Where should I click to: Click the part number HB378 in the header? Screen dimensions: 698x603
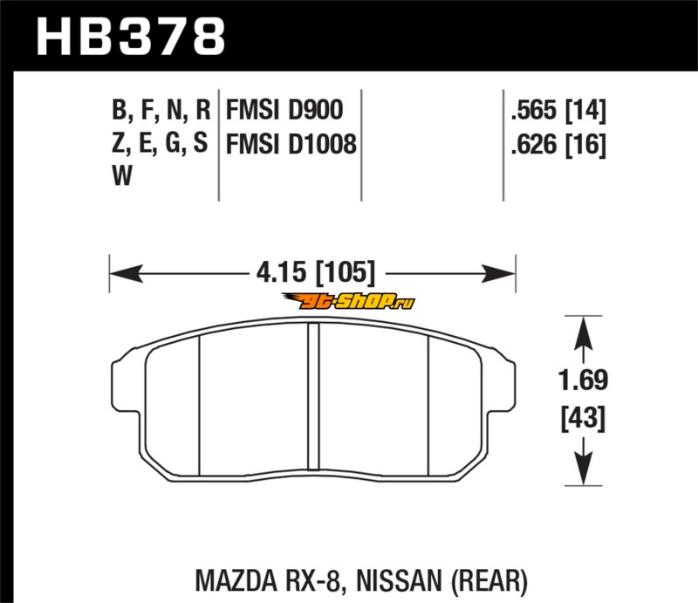click(x=131, y=37)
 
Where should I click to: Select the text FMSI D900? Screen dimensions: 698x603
click(x=284, y=110)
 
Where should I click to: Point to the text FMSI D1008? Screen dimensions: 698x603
click(x=291, y=144)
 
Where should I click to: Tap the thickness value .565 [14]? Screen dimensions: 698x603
click(x=558, y=110)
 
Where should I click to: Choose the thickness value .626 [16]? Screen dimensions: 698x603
click(x=558, y=144)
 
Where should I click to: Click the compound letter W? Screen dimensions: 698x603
click(x=122, y=175)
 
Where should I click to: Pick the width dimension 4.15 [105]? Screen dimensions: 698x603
click(x=316, y=272)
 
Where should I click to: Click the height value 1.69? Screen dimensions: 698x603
click(x=583, y=380)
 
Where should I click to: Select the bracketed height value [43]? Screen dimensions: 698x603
click(x=583, y=418)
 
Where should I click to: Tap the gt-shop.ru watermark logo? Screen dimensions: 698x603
click(x=348, y=301)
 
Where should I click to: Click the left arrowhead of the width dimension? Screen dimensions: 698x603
click(x=127, y=273)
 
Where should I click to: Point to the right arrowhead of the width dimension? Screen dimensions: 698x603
click(x=498, y=273)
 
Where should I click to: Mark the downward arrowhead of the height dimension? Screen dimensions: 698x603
click(x=583, y=468)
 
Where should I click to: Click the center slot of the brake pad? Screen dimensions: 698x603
click(x=314, y=396)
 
